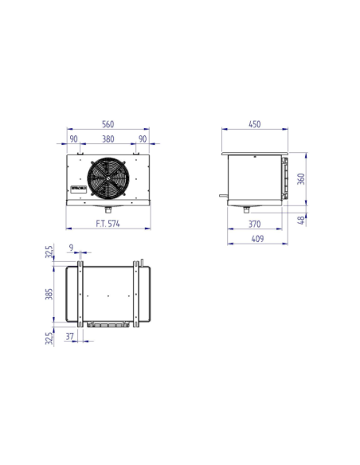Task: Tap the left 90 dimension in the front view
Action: point(73,139)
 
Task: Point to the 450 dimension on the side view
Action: point(255,123)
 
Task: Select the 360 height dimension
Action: point(300,178)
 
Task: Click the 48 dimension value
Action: point(300,220)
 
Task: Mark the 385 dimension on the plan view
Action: point(49,296)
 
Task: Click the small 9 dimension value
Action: point(72,248)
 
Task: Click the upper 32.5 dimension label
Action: point(49,254)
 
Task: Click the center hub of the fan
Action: point(108,178)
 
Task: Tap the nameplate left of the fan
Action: point(78,188)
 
